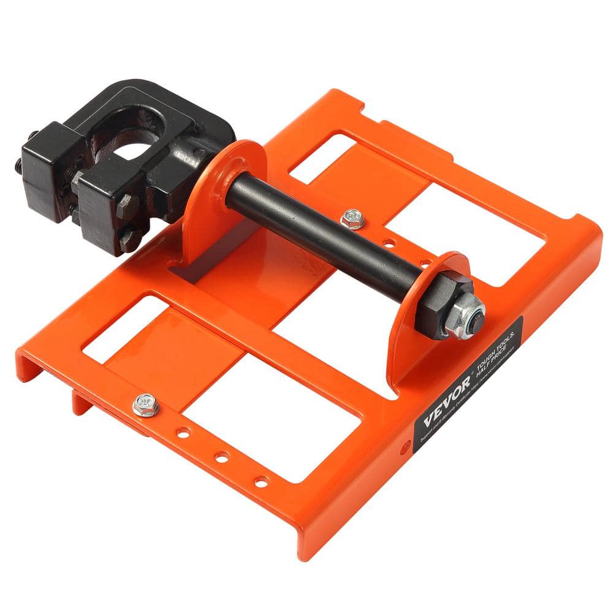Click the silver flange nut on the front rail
(x=145, y=405)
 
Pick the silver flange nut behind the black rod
(x=352, y=218)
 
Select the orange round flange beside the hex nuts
(x=423, y=306)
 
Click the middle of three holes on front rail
(x=222, y=457)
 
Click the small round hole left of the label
(x=403, y=447)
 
